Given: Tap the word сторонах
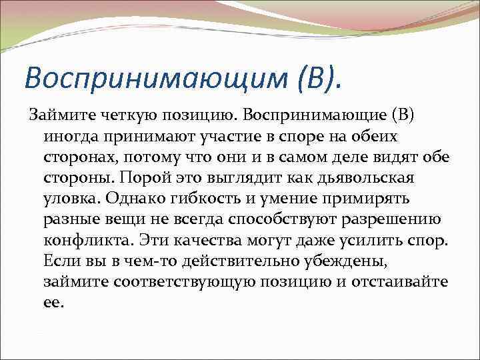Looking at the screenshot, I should click(79, 157).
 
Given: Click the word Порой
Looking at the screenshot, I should click(139, 178).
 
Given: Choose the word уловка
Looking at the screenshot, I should click(71, 199).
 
